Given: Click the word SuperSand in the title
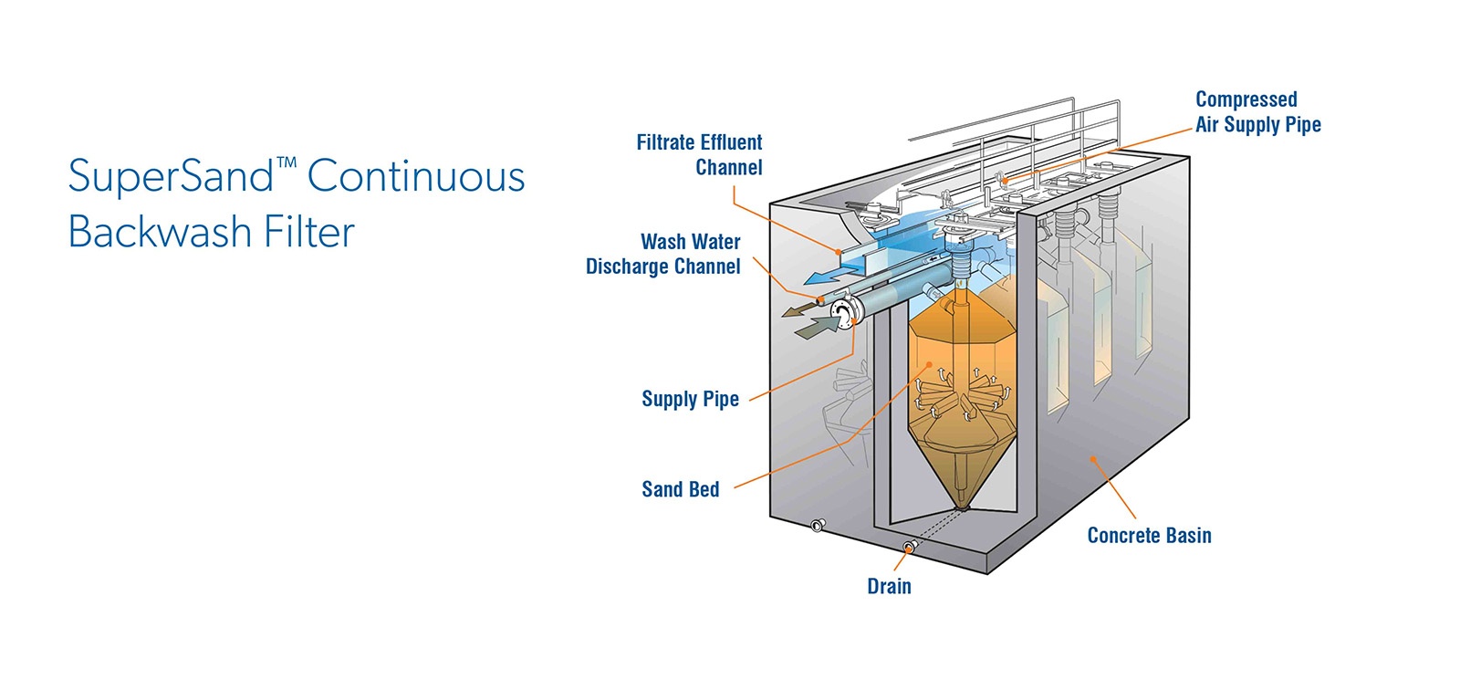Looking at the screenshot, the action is pyautogui.click(x=171, y=177).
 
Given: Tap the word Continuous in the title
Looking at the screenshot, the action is pyautogui.click(x=416, y=176).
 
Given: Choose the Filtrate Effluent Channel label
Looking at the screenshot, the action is pyautogui.click(x=699, y=154).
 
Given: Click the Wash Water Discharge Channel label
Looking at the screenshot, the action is pyautogui.click(x=662, y=254).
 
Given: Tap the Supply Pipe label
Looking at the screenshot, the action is pyautogui.click(x=690, y=399).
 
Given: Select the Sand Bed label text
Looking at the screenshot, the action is pyautogui.click(x=681, y=489).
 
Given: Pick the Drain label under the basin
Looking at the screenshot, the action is pyautogui.click(x=889, y=586).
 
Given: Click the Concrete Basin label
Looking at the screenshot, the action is pyautogui.click(x=1149, y=536).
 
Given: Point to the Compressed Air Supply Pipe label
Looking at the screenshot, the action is pyautogui.click(x=1258, y=111).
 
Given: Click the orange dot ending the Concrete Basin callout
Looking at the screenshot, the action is pyautogui.click(x=1093, y=460).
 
